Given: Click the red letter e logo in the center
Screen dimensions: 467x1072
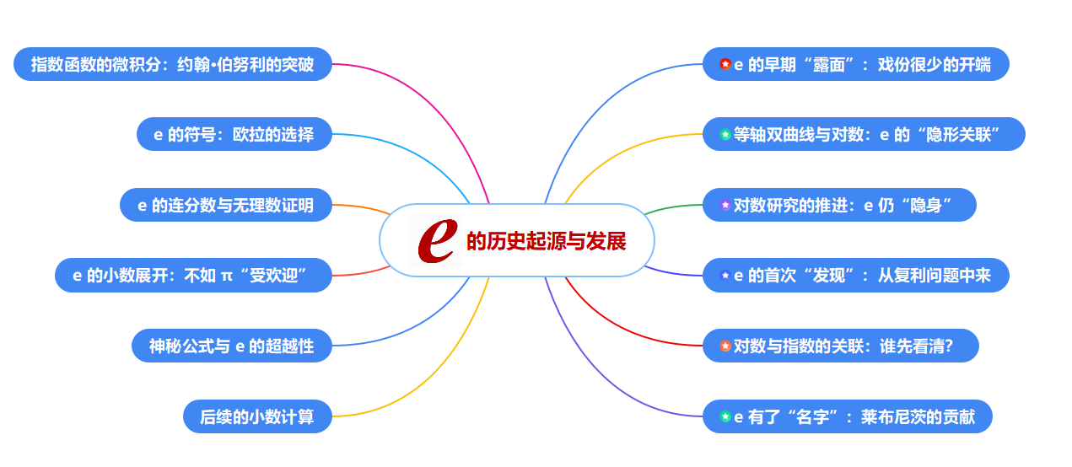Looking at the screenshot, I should tap(436, 240).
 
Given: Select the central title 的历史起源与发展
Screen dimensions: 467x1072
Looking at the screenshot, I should tap(547, 241).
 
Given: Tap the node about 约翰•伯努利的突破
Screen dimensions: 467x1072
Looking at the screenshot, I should tap(173, 64).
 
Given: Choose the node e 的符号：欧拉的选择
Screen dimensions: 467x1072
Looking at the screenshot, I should tap(234, 134).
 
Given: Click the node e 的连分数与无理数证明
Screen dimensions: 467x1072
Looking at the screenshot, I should tap(225, 205).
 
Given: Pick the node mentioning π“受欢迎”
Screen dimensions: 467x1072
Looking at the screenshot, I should tap(193, 275).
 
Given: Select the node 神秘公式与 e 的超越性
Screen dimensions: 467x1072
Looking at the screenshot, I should tap(231, 346).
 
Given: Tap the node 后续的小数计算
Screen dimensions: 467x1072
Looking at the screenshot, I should tap(257, 416).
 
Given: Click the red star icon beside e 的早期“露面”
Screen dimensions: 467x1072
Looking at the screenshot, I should tap(725, 64).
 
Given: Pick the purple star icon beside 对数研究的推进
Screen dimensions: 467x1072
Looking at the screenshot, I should tap(725, 205).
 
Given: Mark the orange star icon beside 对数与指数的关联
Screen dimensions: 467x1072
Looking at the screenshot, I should tap(725, 346).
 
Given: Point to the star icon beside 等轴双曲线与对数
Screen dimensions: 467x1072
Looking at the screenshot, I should tap(725, 134).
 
